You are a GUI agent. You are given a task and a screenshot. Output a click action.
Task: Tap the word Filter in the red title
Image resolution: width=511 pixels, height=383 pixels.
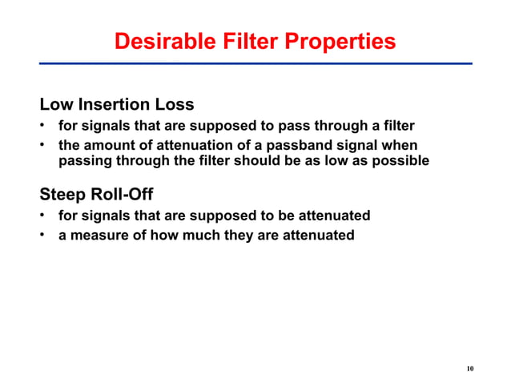pyautogui.click(x=250, y=42)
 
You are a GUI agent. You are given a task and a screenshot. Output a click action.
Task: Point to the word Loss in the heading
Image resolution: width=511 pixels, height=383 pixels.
pyautogui.click(x=175, y=105)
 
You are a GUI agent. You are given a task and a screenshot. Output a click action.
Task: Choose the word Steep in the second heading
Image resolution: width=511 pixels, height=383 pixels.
pyautogui.click(x=62, y=196)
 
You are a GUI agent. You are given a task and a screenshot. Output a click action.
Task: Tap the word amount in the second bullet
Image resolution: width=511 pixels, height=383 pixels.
pyautogui.click(x=109, y=145)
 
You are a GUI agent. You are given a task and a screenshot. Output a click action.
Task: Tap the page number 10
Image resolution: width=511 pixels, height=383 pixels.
pyautogui.click(x=470, y=369)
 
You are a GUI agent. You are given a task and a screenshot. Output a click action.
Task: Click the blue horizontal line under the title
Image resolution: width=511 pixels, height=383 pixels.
pyautogui.click(x=255, y=62)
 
